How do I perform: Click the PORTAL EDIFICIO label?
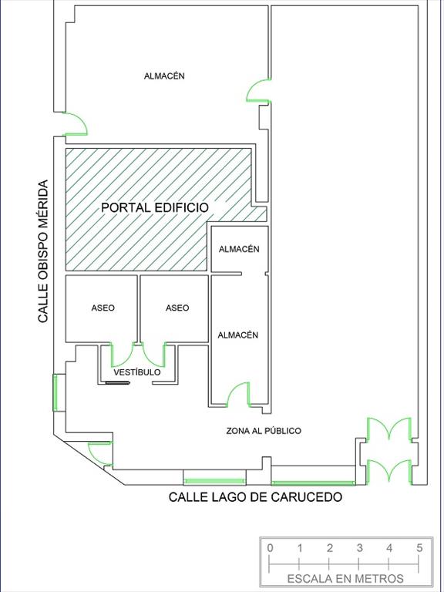(155, 207)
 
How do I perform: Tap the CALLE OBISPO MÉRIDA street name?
(43, 251)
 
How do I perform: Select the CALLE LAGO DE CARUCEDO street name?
(255, 497)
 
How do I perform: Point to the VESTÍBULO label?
(137, 372)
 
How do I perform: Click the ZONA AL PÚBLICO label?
(264, 431)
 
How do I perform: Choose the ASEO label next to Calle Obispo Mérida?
(103, 308)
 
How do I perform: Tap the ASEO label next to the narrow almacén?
(177, 308)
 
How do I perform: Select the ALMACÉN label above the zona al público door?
(238, 335)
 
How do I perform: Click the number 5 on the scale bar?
(419, 548)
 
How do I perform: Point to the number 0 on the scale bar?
(270, 548)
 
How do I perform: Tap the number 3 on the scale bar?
(359, 548)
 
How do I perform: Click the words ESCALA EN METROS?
(345, 578)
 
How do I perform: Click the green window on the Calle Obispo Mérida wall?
(55, 392)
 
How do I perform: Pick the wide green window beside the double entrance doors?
(313, 483)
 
